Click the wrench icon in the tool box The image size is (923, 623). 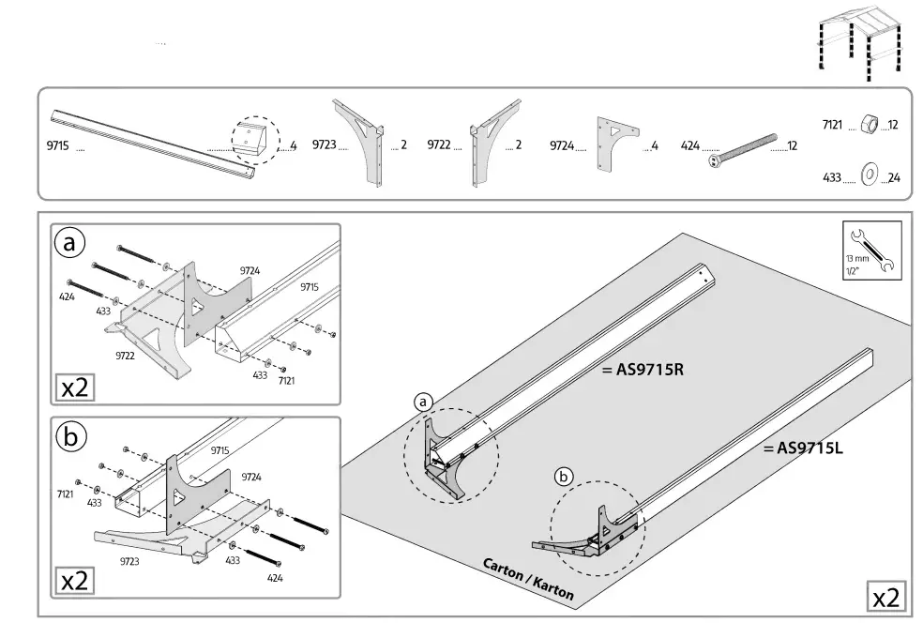871,249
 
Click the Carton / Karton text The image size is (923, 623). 528,579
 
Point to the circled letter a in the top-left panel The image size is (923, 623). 69,244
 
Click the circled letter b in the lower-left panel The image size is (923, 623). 69,436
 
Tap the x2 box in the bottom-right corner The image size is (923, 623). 886,597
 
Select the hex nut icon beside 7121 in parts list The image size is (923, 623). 868,125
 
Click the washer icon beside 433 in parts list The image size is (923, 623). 868,175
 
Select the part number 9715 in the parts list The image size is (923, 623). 57,145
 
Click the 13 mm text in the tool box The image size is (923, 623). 855,258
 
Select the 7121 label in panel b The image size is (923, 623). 66,492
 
